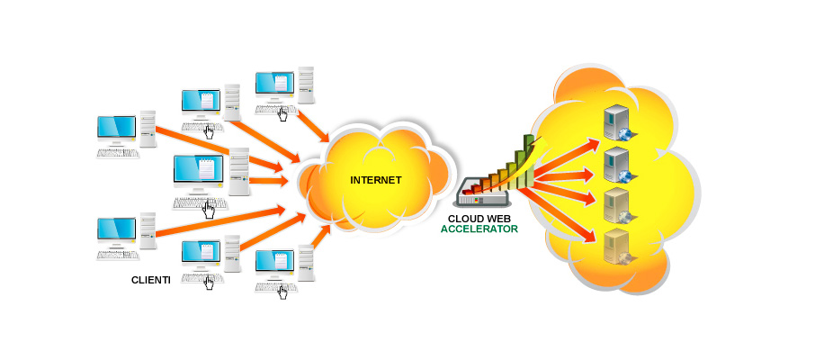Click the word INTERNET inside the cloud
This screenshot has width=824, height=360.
tap(375, 180)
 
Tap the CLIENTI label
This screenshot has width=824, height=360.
tap(150, 280)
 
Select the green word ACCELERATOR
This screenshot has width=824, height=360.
tap(479, 229)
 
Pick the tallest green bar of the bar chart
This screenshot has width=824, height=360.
tap(530, 153)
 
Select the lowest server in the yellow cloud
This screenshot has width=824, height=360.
tap(616, 244)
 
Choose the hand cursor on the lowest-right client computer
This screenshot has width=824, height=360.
tap(283, 291)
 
